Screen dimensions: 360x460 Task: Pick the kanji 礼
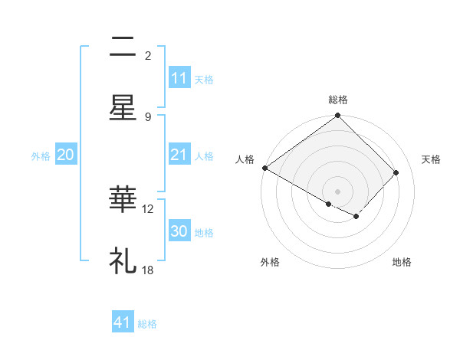click(x=123, y=261)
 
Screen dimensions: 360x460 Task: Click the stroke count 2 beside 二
click(x=148, y=55)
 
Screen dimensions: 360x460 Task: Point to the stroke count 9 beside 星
click(x=148, y=116)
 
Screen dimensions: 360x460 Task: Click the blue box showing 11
click(x=179, y=78)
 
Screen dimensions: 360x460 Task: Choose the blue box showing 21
click(x=179, y=155)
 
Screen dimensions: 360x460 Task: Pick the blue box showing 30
click(x=179, y=231)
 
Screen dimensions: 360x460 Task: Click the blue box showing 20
click(x=66, y=155)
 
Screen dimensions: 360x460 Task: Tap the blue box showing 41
click(x=123, y=323)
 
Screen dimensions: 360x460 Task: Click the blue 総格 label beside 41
click(x=147, y=324)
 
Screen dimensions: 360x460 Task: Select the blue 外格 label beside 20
click(x=41, y=155)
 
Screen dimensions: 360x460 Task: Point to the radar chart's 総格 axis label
click(x=338, y=100)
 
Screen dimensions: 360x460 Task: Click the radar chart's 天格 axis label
click(x=432, y=159)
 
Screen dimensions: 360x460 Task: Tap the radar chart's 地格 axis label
click(x=402, y=262)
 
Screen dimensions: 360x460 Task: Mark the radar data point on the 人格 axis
click(x=264, y=168)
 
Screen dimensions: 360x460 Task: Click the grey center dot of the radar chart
click(x=338, y=191)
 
